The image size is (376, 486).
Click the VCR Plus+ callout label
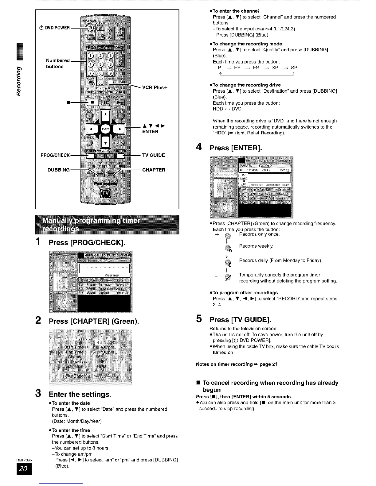pos(155,87)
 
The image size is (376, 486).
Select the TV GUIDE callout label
pos(153,155)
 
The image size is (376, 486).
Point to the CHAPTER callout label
pos(154,170)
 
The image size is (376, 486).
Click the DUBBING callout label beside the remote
pos(59,170)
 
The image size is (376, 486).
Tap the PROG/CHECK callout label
pos(55,155)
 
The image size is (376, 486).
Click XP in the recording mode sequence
pos(275,68)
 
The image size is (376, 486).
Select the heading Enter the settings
pos(80,394)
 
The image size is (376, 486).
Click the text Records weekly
pos(256,246)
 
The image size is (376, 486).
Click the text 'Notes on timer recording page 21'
pos(236,364)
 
